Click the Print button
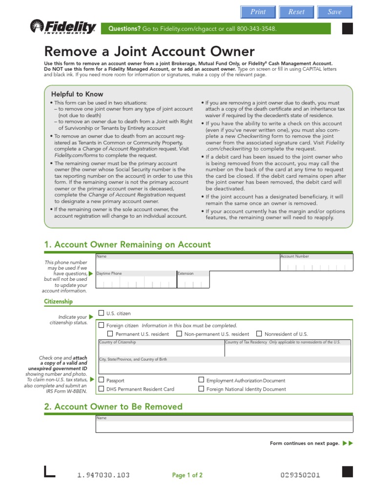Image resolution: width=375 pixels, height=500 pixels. click(258, 12)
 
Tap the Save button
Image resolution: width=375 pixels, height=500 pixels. click(334, 12)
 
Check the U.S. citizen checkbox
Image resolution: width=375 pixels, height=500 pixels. click(101, 313)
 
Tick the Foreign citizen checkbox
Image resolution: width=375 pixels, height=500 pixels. click(101, 325)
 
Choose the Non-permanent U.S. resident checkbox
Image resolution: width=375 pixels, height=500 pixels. click(179, 334)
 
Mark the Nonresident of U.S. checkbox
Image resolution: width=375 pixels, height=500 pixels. click(259, 334)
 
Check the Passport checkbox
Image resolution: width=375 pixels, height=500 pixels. click(101, 380)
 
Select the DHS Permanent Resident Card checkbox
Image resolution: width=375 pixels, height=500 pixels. click(101, 389)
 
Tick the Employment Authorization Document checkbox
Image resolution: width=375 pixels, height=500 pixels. click(201, 380)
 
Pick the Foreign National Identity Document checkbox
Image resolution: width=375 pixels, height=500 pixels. click(201, 389)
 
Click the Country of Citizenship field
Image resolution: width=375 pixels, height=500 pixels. click(160, 351)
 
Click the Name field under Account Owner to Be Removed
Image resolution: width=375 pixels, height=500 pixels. click(224, 426)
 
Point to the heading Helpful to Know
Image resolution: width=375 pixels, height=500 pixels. click(77, 94)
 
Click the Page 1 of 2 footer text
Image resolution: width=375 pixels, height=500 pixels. click(187, 475)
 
